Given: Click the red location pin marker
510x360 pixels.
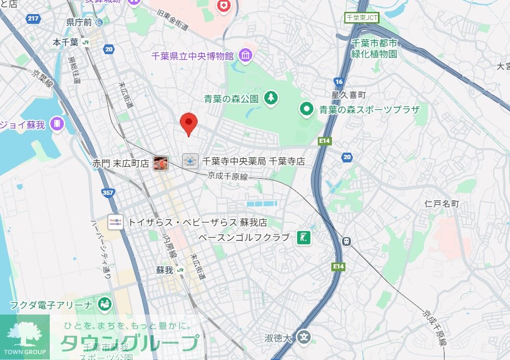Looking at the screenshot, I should pos(188,124).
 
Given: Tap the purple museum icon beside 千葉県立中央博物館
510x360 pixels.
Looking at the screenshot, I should pos(246,55).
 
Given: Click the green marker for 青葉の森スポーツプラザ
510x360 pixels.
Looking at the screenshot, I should pos(307,109).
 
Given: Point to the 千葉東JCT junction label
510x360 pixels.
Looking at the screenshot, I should pos(362,17).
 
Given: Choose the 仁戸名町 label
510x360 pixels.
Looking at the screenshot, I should pos(442,204).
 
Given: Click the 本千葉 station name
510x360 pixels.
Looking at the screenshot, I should pos(66,42).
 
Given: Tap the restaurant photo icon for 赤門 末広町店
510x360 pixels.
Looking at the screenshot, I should pos(161,162).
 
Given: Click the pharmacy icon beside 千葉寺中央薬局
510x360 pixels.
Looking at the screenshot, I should pos(189,161).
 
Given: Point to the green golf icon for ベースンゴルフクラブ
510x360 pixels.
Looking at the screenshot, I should pos(304,237).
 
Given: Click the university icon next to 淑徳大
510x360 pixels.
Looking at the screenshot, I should pos(305,338).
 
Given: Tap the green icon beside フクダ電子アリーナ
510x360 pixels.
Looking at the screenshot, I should pos(104,305).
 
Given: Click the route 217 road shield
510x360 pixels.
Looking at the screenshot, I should pos(33,19).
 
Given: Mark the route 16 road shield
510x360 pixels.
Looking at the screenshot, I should pos(339,81).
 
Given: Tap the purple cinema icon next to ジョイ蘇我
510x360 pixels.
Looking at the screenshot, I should pos(56,124).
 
